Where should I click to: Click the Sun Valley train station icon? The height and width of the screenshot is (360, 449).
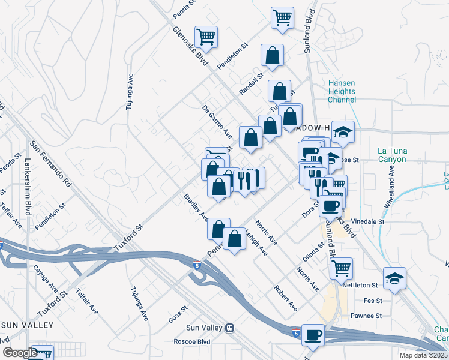(x=229, y=328)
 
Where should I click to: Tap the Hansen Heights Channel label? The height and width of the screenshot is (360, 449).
(x=342, y=91)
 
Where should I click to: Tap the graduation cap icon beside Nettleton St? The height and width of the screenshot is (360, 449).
(x=394, y=278)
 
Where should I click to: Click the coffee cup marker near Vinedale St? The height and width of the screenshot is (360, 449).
(x=330, y=207)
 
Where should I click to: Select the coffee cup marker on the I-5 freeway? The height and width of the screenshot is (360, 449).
(x=312, y=334)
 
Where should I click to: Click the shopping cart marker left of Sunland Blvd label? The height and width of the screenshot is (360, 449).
(x=282, y=17)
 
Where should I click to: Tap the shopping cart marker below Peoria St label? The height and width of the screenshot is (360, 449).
(x=206, y=36)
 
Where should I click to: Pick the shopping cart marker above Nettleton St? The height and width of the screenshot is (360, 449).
(x=341, y=267)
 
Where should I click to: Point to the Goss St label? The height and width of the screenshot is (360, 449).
(x=178, y=314)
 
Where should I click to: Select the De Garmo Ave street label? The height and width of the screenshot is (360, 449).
(x=217, y=121)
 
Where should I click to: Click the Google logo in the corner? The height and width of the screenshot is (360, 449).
(x=20, y=353)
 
